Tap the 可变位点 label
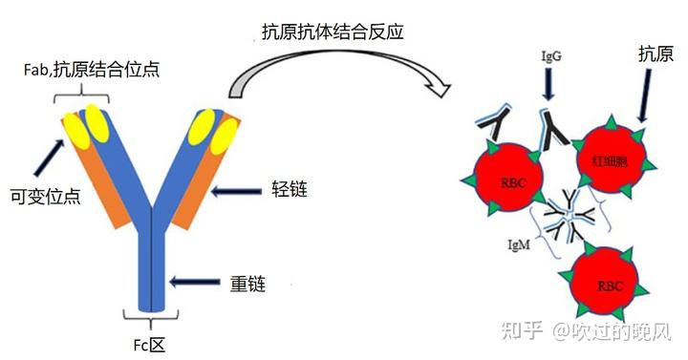click(42, 195)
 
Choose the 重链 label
click(247, 283)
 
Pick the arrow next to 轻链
click(235, 192)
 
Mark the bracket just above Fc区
click(151, 314)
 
